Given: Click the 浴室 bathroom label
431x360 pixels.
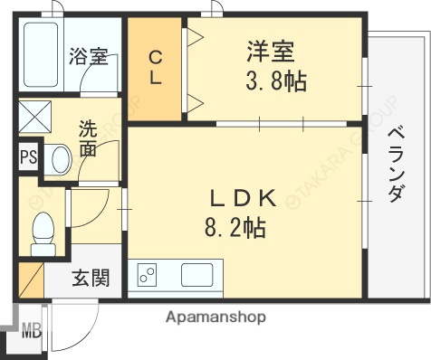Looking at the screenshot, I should [x=90, y=57].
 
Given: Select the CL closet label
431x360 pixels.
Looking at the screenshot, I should [x=156, y=67].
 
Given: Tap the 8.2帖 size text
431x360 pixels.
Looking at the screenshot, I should [x=234, y=228].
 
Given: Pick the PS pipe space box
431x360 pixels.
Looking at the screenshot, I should [x=29, y=156].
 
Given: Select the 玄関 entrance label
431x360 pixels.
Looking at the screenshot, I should [x=91, y=278].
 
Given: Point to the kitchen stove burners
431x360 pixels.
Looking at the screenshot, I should [x=146, y=275].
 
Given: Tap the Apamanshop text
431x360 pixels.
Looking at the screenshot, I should [x=215, y=317].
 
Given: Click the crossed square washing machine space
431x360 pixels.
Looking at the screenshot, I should [x=35, y=118].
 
